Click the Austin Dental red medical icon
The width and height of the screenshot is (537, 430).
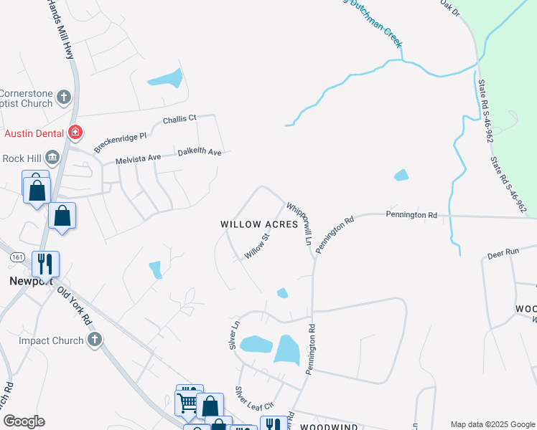pyautogui.click(x=75, y=133)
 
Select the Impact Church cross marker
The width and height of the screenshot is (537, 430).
pyautogui.click(x=95, y=340)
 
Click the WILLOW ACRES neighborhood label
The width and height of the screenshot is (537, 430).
pyautogui.click(x=258, y=224)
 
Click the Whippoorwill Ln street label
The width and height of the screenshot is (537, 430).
pyautogui.click(x=299, y=224)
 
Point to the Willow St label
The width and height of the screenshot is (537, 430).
pyautogui.click(x=256, y=245)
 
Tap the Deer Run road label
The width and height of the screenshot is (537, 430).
pyautogui.click(x=503, y=254)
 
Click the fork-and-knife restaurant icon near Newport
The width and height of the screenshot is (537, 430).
pyautogui.click(x=45, y=264)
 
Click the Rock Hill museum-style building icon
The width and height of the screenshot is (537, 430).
pyautogui.click(x=52, y=158)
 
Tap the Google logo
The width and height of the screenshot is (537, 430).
pyautogui.click(x=24, y=421)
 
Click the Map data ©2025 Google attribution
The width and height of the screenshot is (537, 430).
pyautogui.click(x=492, y=424)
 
